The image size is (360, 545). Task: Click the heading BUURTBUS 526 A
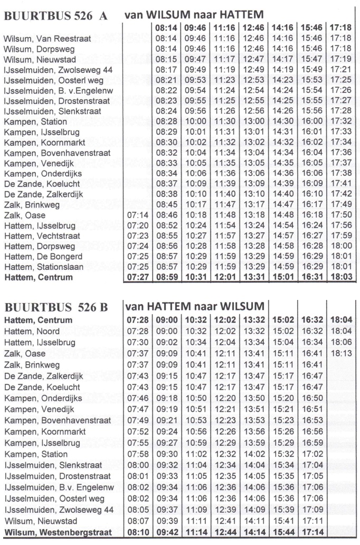55,16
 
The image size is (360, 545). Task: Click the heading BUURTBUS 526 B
55,307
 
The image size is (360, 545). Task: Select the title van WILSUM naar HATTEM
194,15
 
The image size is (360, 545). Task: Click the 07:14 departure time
138,215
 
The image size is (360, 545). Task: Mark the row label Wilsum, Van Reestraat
47,39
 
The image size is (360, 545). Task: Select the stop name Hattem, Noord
32,331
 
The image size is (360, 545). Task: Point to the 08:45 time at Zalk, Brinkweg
167,205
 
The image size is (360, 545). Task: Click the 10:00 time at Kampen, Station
195,122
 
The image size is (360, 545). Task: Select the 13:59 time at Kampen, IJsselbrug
254,443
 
